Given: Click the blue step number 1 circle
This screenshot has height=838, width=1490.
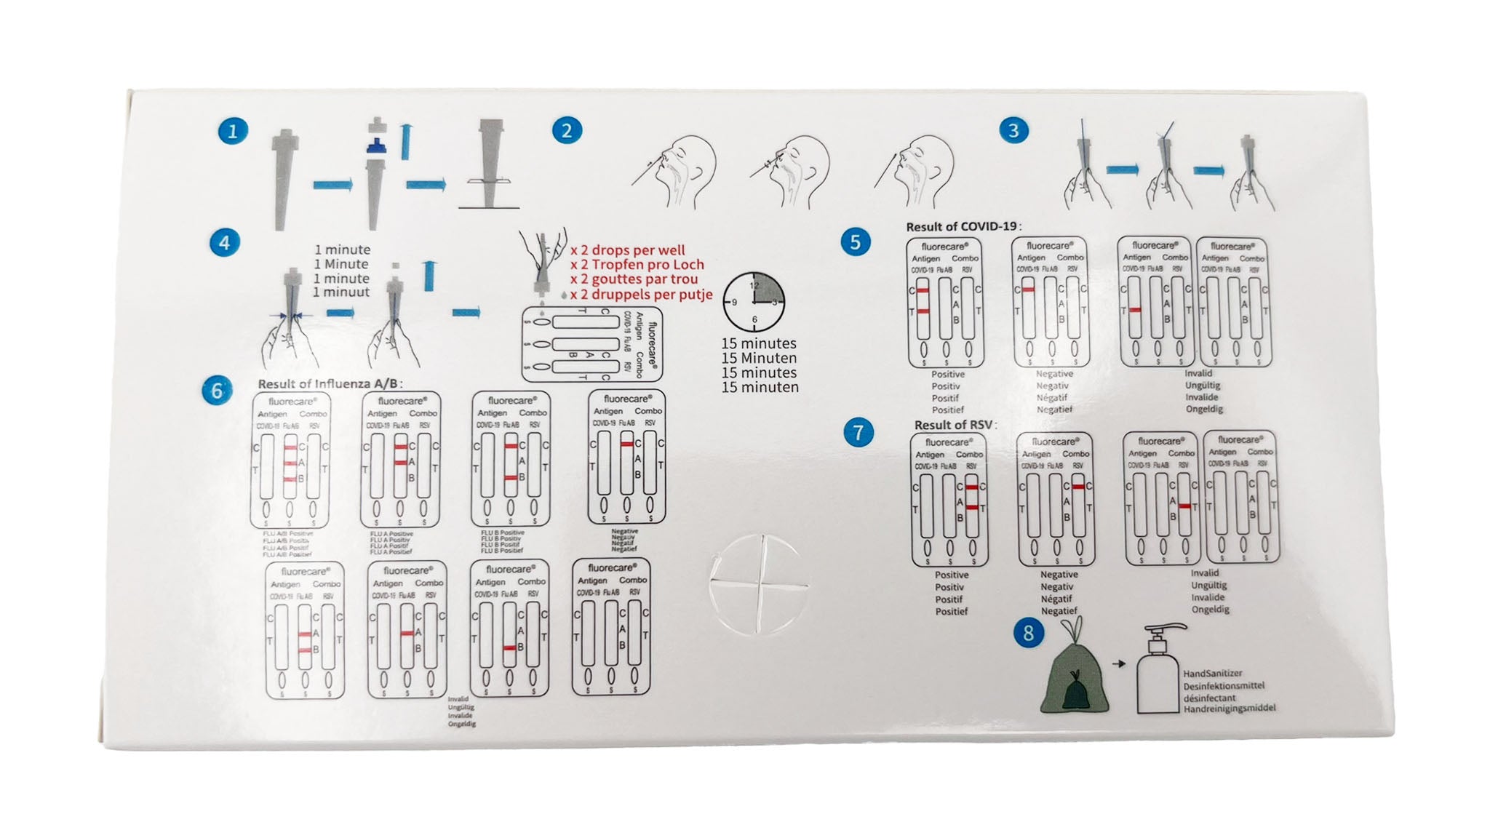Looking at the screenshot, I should tap(233, 131).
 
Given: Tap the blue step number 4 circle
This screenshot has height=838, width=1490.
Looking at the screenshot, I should tap(224, 242).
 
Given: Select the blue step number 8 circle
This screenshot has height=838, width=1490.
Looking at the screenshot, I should tap(1028, 633).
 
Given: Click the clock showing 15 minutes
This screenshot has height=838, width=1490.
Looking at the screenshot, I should tap(754, 301).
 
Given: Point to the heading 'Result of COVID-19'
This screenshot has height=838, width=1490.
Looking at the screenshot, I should tap(962, 227).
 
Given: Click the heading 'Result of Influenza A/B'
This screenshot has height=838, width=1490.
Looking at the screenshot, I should tap(330, 383).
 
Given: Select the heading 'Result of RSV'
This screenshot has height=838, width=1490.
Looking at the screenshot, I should tap(955, 425).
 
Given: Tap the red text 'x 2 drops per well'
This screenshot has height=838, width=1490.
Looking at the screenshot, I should tap(627, 250).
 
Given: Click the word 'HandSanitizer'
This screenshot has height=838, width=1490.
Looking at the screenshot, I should tap(1213, 674).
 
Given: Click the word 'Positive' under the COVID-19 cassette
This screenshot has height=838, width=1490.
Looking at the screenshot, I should tap(948, 375).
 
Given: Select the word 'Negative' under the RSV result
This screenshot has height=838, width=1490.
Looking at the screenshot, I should tap(1059, 575).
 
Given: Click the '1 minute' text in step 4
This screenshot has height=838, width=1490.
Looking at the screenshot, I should tap(342, 250).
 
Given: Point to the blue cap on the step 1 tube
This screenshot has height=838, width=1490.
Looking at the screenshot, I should tap(376, 146).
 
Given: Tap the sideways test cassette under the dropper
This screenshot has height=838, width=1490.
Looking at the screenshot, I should tap(592, 344).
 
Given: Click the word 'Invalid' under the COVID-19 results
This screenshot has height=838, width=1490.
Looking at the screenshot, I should tap(1198, 373).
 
